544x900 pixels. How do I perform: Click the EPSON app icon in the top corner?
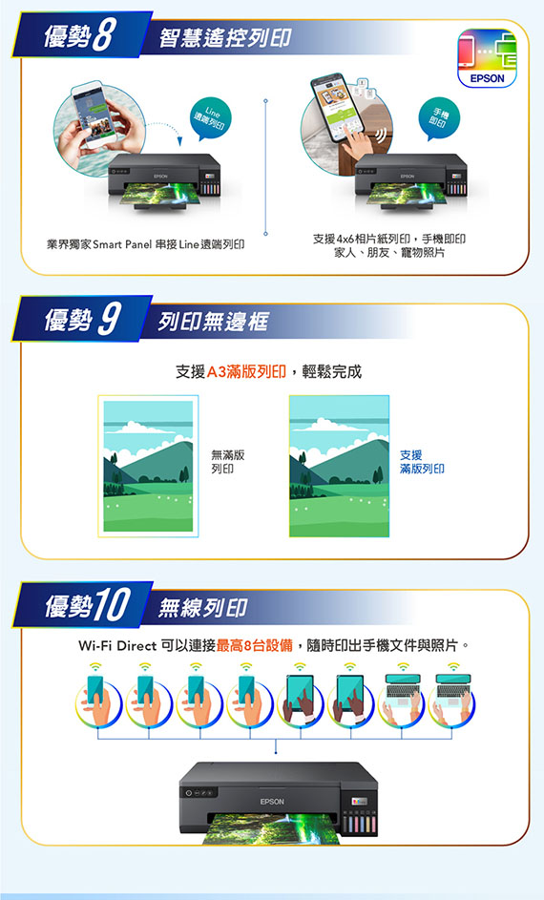pyautogui.click(x=487, y=58)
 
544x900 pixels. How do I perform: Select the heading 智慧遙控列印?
pyautogui.click(x=225, y=38)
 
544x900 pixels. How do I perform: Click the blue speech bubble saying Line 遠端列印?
pyautogui.click(x=208, y=119)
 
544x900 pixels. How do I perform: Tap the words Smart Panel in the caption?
pyautogui.click(x=122, y=245)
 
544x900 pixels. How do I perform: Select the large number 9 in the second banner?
pyautogui.click(x=109, y=319)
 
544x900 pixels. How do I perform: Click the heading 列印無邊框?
pyautogui.click(x=213, y=322)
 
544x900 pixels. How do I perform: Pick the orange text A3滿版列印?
pyautogui.click(x=246, y=372)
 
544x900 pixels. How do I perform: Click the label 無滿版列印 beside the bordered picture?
pyautogui.click(x=228, y=462)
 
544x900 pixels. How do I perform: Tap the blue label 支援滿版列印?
pyautogui.click(x=422, y=462)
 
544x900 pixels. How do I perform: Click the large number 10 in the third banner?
pyautogui.click(x=113, y=605)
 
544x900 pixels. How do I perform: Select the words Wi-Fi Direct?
pyautogui.click(x=117, y=646)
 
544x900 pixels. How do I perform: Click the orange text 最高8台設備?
pyautogui.click(x=255, y=646)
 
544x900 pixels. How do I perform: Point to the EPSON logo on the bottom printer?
pyautogui.click(x=272, y=802)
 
